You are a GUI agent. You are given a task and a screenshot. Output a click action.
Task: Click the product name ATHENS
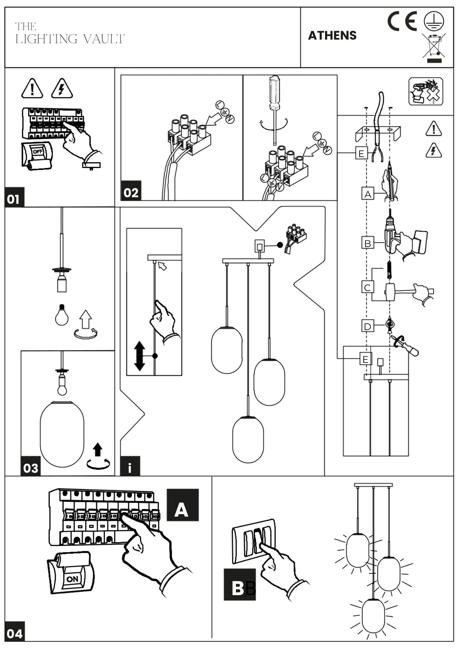[332, 35]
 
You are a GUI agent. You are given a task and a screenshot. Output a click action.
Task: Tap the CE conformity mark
[402, 21]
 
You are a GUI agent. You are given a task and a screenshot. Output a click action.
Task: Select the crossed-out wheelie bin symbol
[434, 48]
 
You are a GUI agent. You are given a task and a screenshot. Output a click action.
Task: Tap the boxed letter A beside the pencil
[368, 194]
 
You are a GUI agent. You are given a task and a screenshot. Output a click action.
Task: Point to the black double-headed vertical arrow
[139, 356]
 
